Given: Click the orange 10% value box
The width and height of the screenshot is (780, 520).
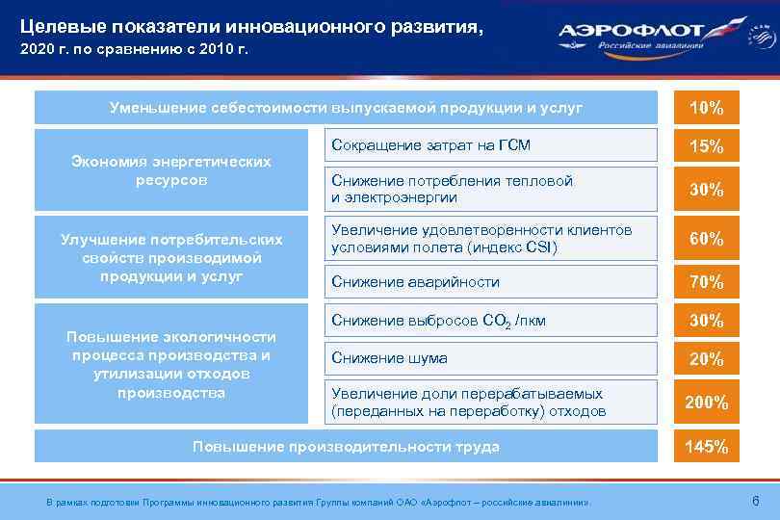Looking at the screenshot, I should click(x=706, y=108).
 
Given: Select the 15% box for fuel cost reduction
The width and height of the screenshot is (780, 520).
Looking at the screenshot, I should click(x=706, y=146).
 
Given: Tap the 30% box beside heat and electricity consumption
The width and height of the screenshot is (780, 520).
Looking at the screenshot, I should click(x=706, y=189).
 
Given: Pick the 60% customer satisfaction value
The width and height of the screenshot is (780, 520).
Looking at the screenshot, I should click(x=706, y=238).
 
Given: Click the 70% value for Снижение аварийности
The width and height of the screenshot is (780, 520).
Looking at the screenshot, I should click(x=706, y=282).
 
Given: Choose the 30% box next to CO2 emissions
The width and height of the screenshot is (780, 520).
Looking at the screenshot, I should click(x=706, y=321).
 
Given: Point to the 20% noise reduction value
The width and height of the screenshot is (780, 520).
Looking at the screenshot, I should click(x=706, y=358).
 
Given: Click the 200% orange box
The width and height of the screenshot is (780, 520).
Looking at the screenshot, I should click(x=706, y=403).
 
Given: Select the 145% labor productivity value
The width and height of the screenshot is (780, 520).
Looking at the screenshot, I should click(x=706, y=447).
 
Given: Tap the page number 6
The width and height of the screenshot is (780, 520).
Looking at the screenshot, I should click(x=754, y=501).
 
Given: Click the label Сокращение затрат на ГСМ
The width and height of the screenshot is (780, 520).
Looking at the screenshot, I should click(x=430, y=146).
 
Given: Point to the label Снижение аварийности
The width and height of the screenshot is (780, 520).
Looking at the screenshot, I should click(x=415, y=282).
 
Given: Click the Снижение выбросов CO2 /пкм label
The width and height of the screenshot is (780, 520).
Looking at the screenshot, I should click(x=438, y=321).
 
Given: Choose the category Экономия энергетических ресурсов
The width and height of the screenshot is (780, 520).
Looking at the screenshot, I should click(x=172, y=170).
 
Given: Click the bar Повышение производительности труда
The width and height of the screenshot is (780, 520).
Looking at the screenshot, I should click(x=346, y=447).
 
